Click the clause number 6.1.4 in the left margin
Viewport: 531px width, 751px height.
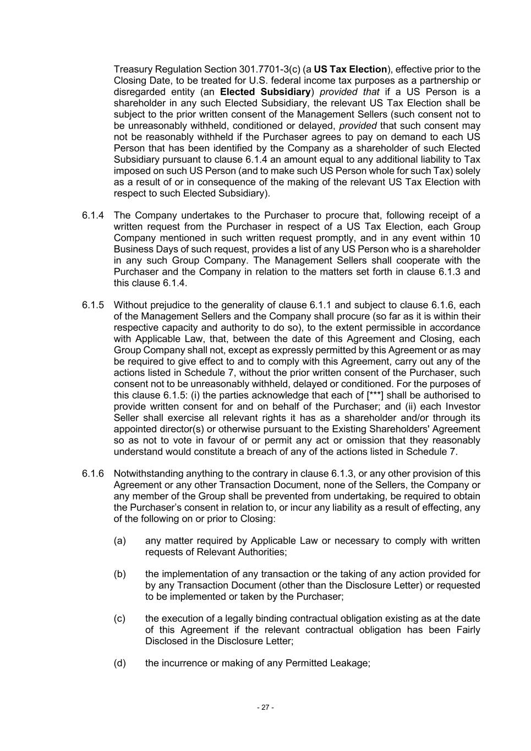(x=93, y=215)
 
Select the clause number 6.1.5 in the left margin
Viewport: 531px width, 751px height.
(x=93, y=305)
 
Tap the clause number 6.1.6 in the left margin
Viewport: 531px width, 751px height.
(x=93, y=474)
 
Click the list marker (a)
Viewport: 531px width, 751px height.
(x=120, y=541)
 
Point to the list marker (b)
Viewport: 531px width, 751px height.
(x=120, y=574)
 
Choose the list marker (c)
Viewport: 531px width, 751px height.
(x=120, y=618)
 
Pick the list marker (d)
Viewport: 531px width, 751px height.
(x=120, y=663)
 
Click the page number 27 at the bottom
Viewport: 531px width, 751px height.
(x=265, y=708)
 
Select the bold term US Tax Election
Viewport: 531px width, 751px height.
(x=350, y=69)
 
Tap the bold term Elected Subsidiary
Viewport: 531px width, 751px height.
(x=265, y=92)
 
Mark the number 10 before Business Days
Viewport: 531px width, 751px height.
(x=475, y=238)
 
